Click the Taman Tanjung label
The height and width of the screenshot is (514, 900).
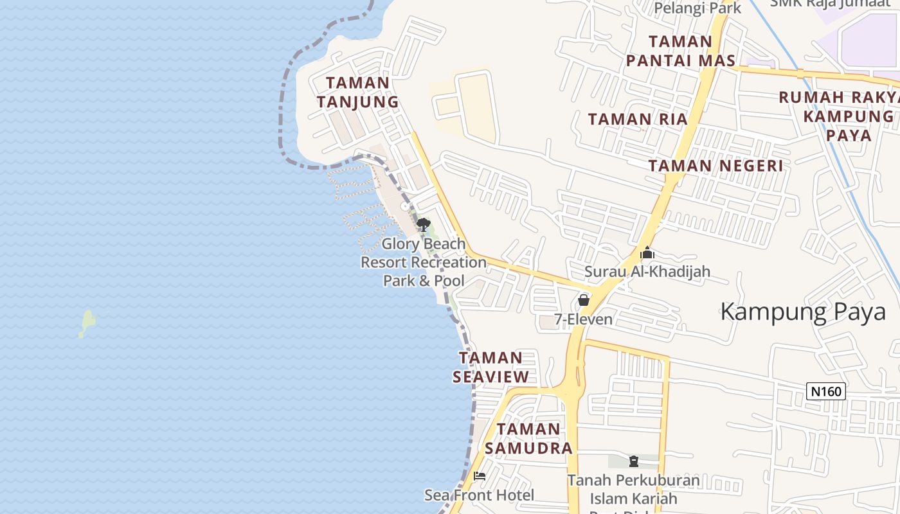coord(357,92)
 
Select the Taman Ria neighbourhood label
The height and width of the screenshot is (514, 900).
coord(638,119)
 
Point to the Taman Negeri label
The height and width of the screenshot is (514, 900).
coord(715,166)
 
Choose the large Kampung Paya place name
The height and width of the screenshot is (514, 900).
coord(803,312)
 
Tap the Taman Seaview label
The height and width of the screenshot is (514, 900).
coord(491,368)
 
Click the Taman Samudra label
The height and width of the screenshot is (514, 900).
coord(528,438)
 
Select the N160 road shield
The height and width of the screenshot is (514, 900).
coord(825,391)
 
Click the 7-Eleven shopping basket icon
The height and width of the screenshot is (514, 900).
coord(583,300)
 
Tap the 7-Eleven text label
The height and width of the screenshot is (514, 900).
coord(583,319)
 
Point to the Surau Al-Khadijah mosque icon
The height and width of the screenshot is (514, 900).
coord(647,253)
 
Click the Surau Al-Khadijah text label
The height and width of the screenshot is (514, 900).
coord(647,271)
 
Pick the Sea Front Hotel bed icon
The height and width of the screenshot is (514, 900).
coord(480,476)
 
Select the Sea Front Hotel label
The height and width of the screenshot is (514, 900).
coord(479,495)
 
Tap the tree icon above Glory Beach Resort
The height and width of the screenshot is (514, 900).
coord(423,224)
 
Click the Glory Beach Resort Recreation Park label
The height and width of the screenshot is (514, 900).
coord(424,262)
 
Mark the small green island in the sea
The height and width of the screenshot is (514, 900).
coord(87,323)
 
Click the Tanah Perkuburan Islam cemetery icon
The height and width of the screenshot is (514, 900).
coord(634,461)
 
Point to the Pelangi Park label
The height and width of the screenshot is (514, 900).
coord(697,8)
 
